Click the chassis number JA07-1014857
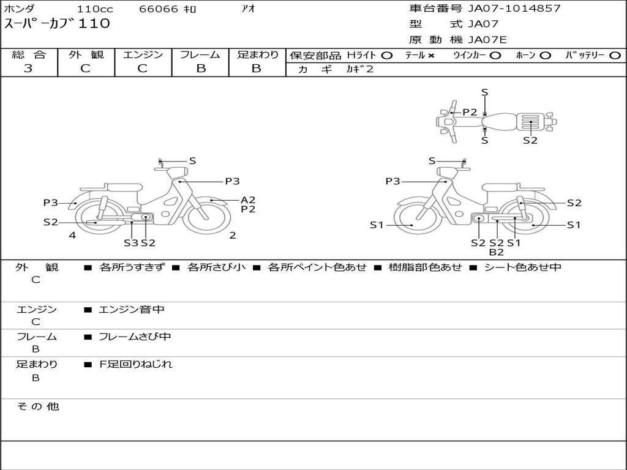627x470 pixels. click(x=514, y=9)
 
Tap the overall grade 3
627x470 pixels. click(x=28, y=69)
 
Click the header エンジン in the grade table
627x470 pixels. click(x=143, y=54)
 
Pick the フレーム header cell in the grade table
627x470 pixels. click(x=200, y=54)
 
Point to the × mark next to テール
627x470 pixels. click(x=430, y=56)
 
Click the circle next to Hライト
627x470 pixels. click(x=387, y=56)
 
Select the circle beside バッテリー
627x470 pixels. click(x=615, y=56)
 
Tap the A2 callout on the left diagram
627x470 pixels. click(x=248, y=200)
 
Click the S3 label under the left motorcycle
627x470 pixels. click(x=131, y=242)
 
